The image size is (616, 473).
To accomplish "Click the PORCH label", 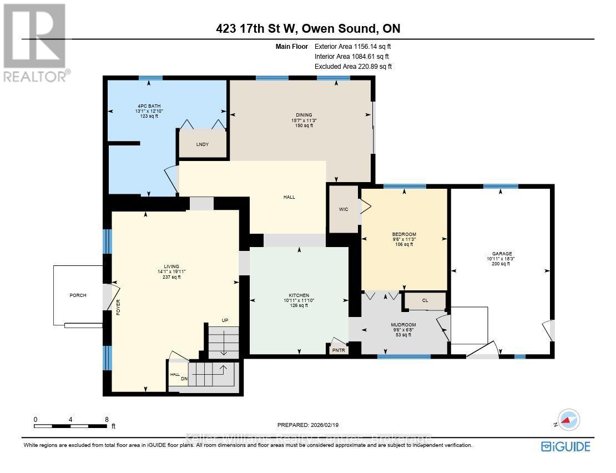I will [x=78, y=295].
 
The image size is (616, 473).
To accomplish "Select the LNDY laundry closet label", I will [x=202, y=144].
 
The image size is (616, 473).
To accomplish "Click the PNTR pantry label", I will [x=338, y=350].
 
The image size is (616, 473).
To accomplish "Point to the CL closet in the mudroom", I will [x=425, y=300].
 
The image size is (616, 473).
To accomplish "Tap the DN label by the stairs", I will [x=184, y=379].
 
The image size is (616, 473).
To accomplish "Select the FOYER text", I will [x=118, y=307].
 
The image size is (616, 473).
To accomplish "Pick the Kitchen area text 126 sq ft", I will [x=299, y=305].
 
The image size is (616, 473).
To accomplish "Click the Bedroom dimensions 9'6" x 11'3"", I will [x=403, y=239].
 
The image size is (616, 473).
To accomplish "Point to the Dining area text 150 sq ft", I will [x=304, y=125].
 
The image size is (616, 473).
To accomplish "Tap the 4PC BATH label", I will [x=149, y=105].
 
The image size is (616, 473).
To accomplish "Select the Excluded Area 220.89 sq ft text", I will [x=352, y=66].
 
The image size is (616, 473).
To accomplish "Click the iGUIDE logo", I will [x=565, y=446].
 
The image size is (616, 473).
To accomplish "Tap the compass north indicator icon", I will [x=569, y=420].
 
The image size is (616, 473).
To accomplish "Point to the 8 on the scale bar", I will [x=106, y=420].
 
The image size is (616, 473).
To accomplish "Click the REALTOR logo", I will [x=37, y=42].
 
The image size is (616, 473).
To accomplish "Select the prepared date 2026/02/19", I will [x=307, y=425].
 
